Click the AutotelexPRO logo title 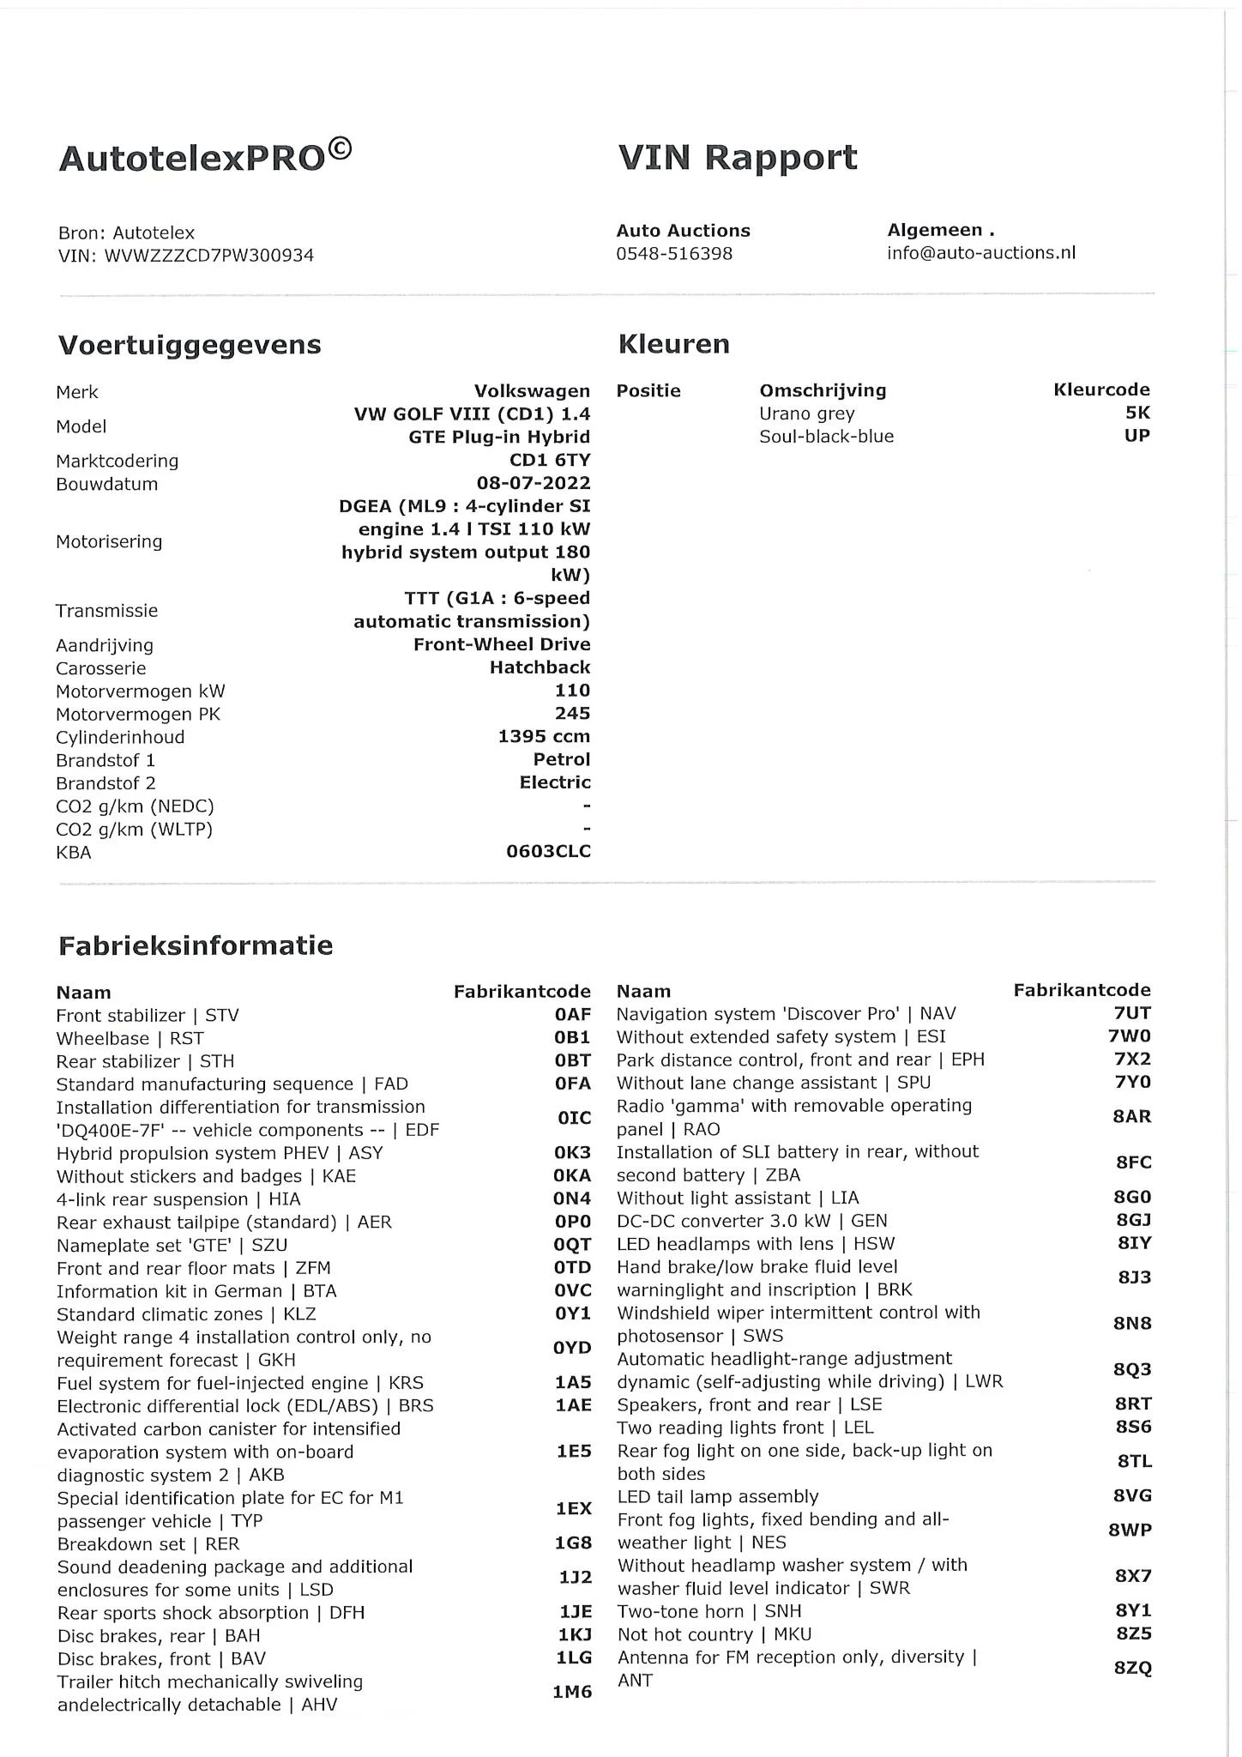tap(204, 157)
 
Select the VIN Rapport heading tap(737, 158)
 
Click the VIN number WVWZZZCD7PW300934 tap(208, 256)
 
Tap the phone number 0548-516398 tap(674, 254)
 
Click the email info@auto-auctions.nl tap(981, 253)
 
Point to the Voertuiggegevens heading tap(190, 345)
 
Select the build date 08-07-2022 tap(534, 484)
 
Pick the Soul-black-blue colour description tap(826, 437)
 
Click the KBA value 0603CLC tap(548, 852)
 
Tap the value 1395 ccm tap(544, 737)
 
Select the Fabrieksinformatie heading tap(196, 945)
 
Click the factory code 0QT tap(572, 1245)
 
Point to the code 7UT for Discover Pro tap(1132, 1013)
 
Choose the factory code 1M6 tap(572, 1693)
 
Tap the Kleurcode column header tap(1101, 390)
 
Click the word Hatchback tap(540, 667)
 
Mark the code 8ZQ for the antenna tap(1132, 1669)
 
